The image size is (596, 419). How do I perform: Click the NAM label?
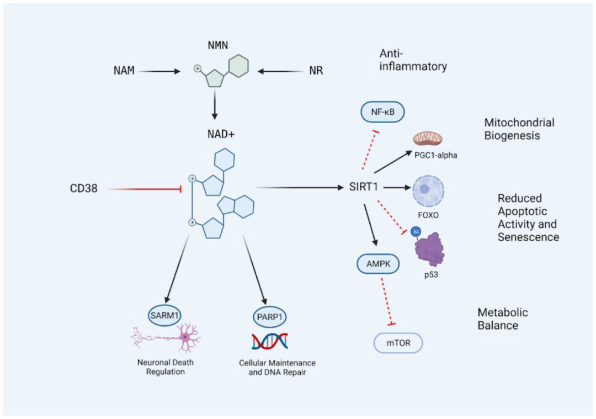coord(124,71)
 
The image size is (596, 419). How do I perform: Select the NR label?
coord(316,71)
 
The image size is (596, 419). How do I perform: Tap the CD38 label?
coord(84,189)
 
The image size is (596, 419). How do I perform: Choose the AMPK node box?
coord(378,265)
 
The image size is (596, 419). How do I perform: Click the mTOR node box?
coord(398,343)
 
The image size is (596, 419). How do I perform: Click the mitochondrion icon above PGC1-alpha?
coord(428,139)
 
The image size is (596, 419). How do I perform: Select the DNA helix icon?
coord(270,342)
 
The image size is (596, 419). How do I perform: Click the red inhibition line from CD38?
coord(143,189)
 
